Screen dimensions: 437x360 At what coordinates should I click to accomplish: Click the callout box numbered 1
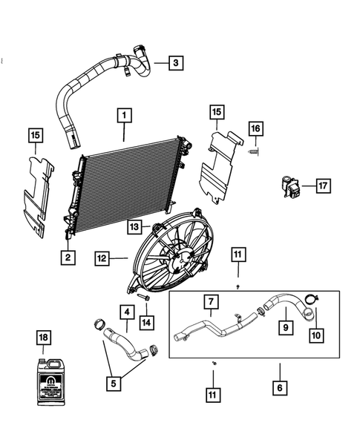(x=124, y=116)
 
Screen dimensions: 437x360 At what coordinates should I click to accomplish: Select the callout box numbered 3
(x=174, y=63)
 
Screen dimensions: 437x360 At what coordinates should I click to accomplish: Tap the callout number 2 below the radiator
(x=68, y=257)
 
